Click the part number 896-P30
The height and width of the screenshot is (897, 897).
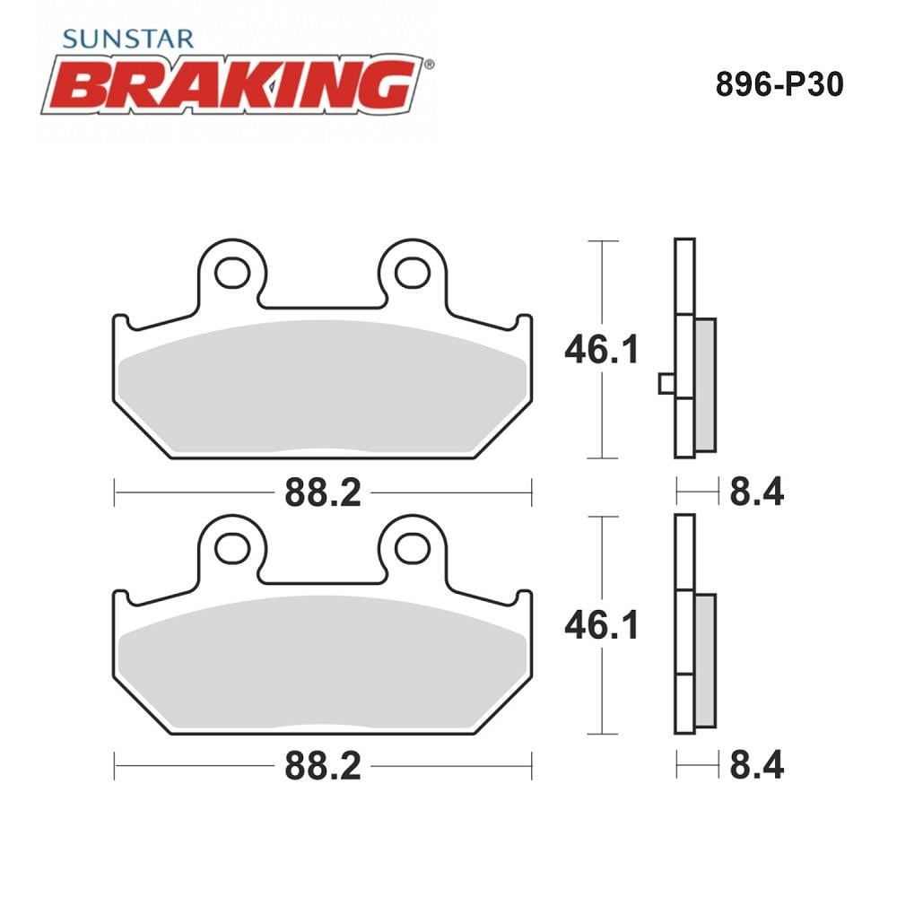pyautogui.click(x=779, y=85)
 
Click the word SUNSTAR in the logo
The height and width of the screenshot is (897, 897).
pyautogui.click(x=128, y=39)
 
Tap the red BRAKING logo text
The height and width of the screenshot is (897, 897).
pyautogui.click(x=233, y=84)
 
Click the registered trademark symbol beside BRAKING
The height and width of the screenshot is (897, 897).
pyautogui.click(x=429, y=64)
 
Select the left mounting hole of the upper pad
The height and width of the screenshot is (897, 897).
pyautogui.click(x=231, y=273)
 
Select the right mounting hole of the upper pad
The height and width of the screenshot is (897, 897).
pyautogui.click(x=413, y=273)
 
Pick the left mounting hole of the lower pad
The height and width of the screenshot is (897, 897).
pyautogui.click(x=231, y=549)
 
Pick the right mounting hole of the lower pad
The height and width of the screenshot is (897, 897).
pyautogui.click(x=413, y=549)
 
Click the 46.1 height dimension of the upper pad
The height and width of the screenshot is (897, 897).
pyautogui.click(x=601, y=350)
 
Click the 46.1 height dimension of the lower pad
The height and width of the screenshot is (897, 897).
pyautogui.click(x=601, y=624)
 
